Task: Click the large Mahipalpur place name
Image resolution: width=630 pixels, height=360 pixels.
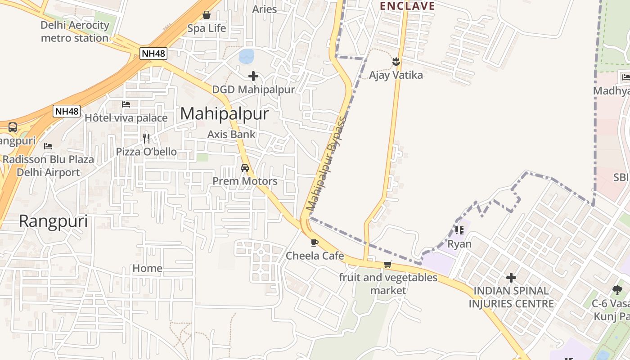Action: [224, 114]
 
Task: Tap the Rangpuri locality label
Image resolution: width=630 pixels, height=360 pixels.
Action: [53, 221]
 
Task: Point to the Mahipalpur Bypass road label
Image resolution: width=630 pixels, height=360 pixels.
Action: [326, 164]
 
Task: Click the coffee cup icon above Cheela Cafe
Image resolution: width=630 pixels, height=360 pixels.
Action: [315, 243]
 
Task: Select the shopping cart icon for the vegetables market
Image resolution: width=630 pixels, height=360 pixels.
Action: [387, 264]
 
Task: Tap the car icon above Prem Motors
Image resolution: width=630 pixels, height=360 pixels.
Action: [245, 168]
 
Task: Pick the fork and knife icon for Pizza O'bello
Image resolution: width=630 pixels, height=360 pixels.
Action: [146, 138]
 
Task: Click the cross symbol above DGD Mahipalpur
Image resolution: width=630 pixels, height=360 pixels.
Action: [253, 76]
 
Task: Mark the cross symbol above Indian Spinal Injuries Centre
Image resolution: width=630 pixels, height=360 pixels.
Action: [511, 277]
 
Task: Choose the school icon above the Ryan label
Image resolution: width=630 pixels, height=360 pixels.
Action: [459, 230]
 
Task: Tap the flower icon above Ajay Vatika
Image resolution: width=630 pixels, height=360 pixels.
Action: [396, 61]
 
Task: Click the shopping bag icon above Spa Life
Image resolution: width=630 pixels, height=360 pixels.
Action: [207, 15]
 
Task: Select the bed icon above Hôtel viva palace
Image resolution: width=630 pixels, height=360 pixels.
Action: [126, 104]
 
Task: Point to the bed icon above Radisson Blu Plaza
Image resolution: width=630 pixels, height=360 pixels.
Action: [48, 146]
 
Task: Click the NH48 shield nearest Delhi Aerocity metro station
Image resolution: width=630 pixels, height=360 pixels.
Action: [153, 54]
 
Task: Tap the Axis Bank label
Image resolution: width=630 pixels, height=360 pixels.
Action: [231, 134]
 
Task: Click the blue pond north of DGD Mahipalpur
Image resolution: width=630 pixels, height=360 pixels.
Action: [247, 56]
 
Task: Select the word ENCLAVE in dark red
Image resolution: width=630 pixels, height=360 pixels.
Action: [407, 6]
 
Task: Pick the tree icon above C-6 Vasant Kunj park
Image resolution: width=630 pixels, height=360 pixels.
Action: [617, 290]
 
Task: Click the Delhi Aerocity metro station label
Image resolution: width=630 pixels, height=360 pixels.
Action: [75, 31]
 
